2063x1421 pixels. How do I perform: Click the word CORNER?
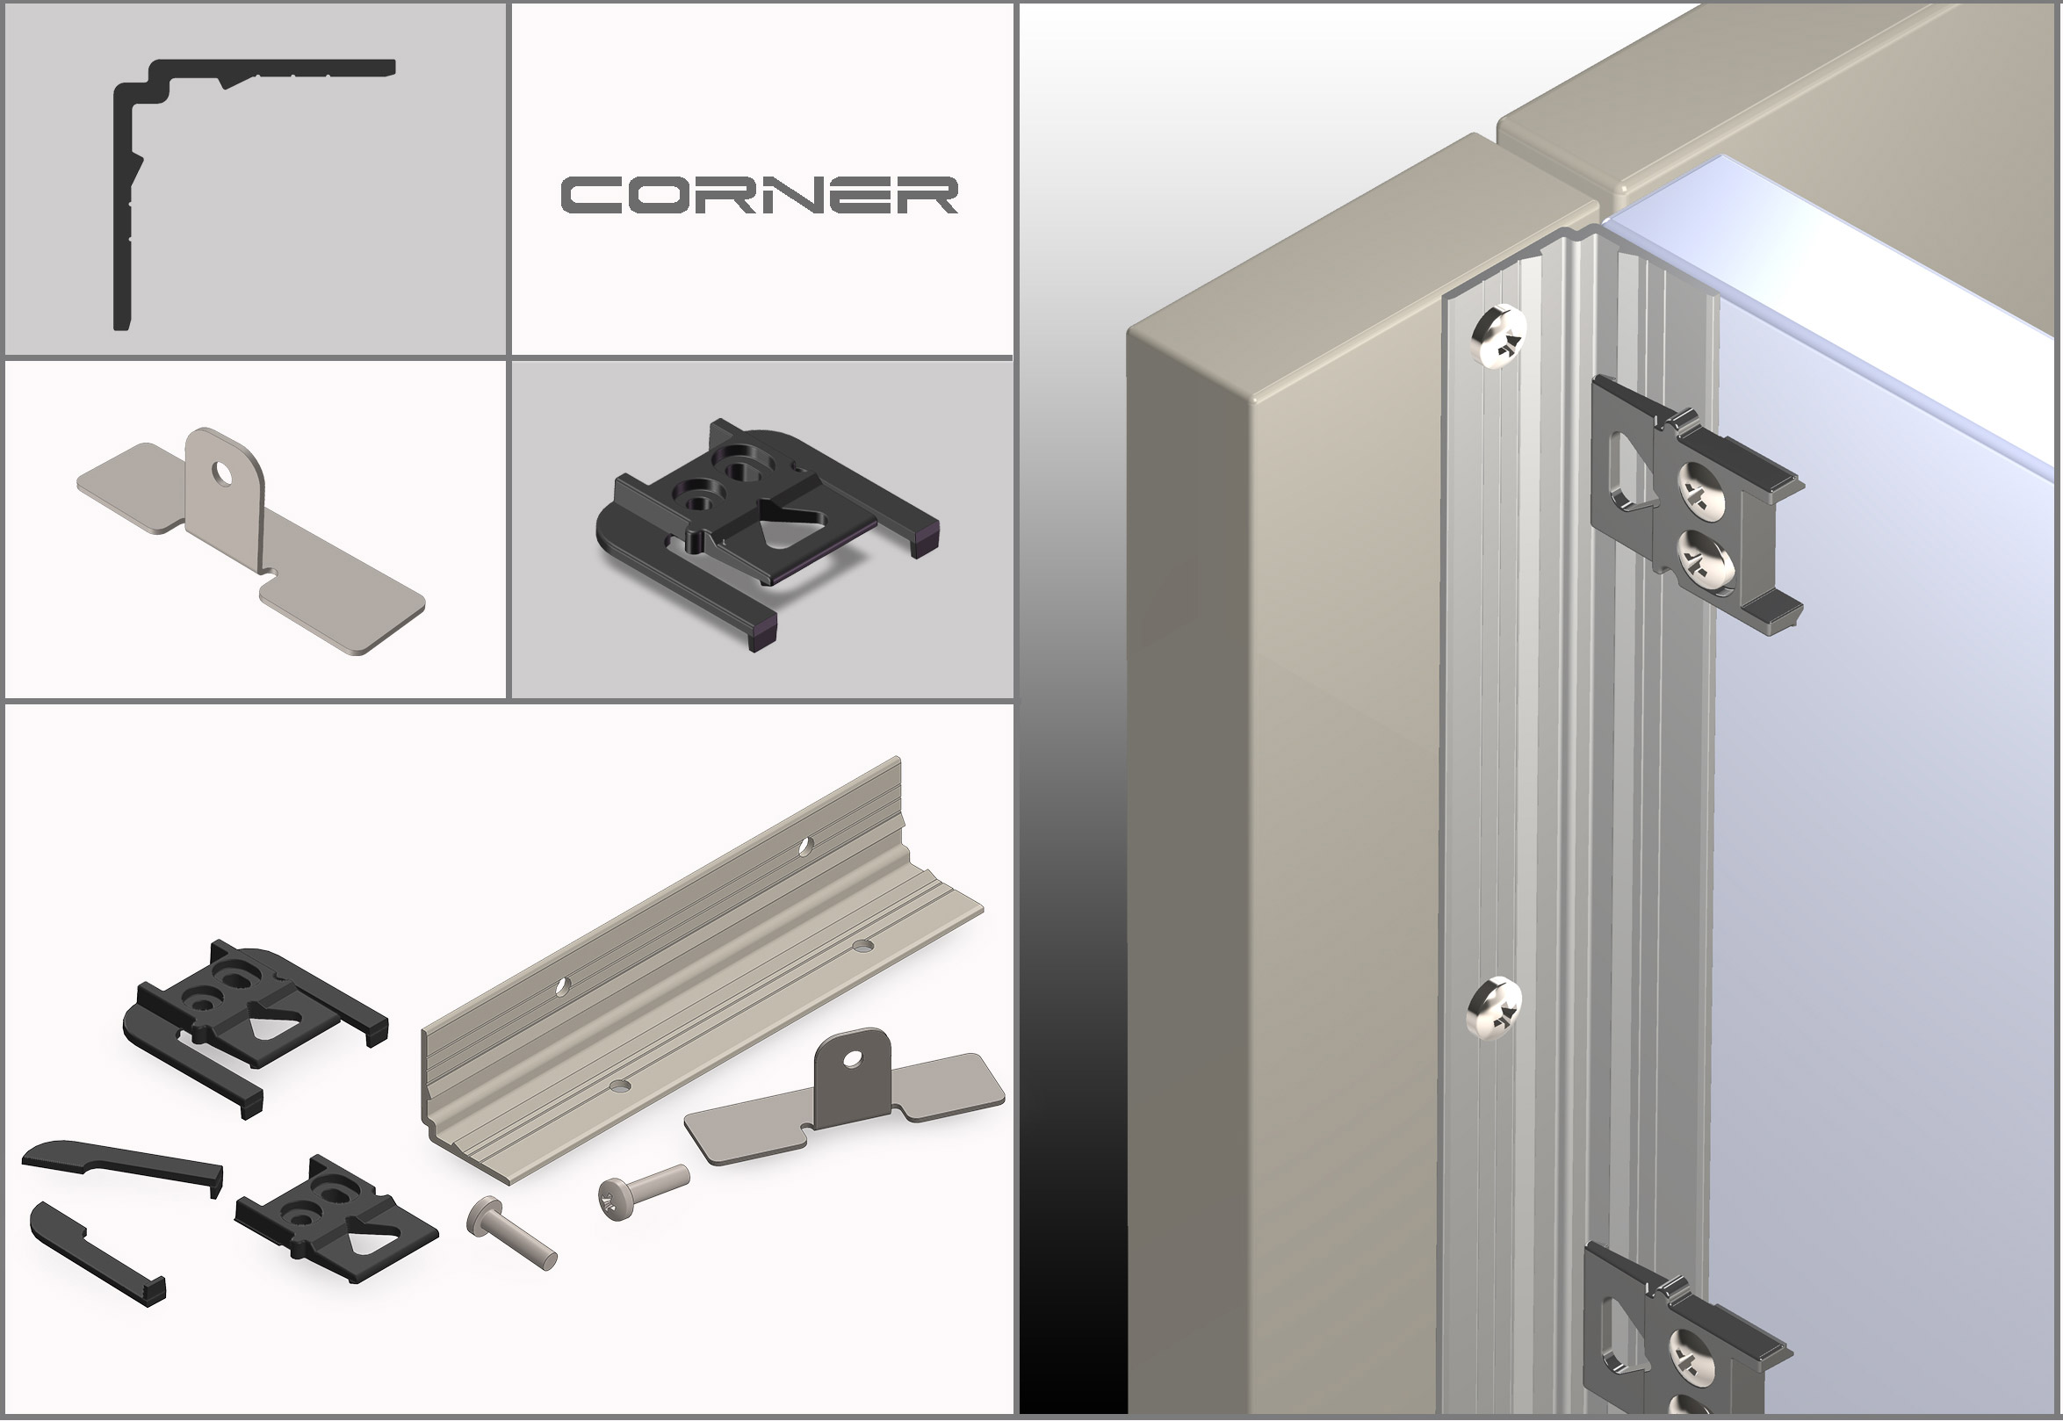759,195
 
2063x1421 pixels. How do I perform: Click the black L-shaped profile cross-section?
121,205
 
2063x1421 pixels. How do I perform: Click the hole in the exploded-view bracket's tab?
854,1057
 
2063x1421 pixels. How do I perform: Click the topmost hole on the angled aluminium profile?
804,844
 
